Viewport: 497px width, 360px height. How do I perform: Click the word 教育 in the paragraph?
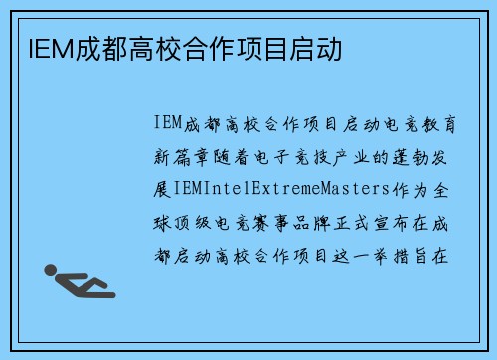point(438,123)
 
